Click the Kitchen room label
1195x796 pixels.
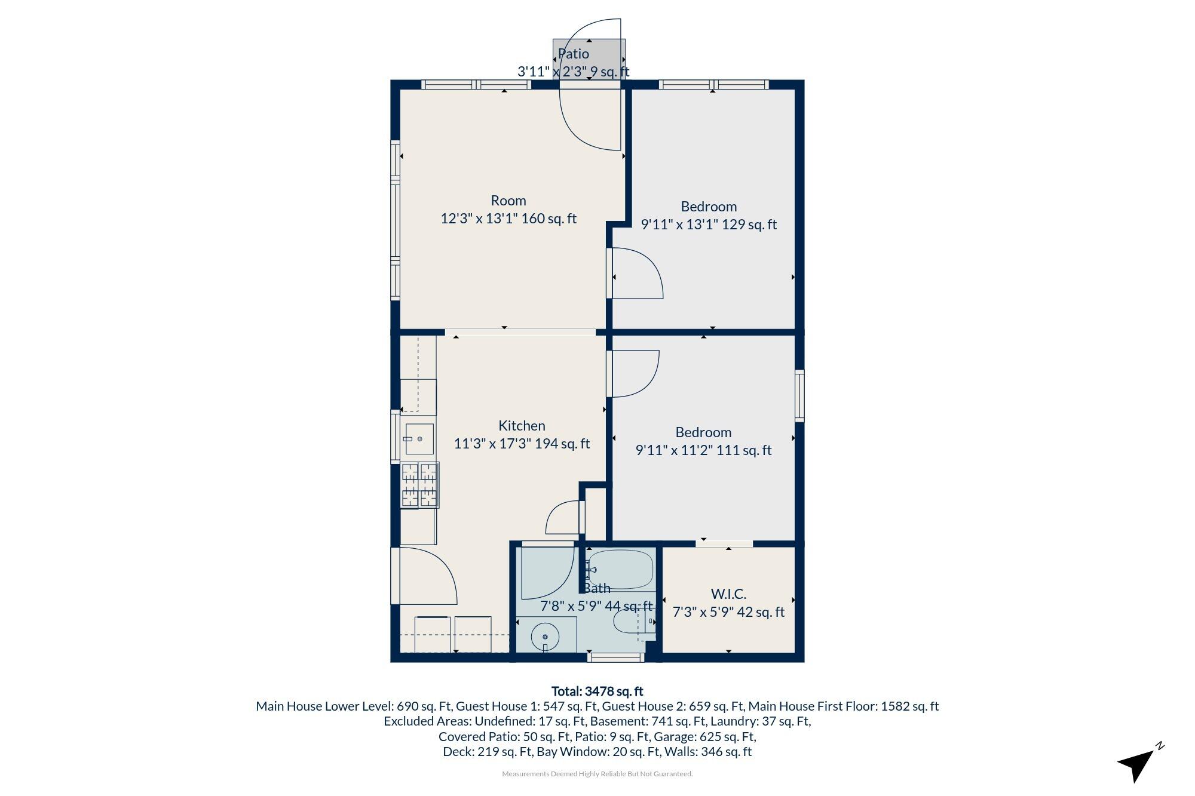click(522, 426)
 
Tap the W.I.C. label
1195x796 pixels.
click(728, 594)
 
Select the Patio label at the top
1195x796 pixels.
click(574, 54)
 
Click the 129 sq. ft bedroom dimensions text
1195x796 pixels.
click(709, 225)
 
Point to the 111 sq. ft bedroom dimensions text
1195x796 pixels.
click(703, 450)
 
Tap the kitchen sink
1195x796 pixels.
click(419, 439)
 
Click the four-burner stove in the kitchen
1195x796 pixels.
click(419, 485)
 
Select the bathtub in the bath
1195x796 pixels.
click(620, 570)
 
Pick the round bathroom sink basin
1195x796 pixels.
click(545, 637)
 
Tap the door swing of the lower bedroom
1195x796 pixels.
click(633, 373)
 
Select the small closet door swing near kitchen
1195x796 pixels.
click(563, 518)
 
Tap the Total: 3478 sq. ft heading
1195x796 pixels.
click(597, 691)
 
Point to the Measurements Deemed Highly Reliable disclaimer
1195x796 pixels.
click(597, 774)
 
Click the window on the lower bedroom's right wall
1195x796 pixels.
click(799, 395)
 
